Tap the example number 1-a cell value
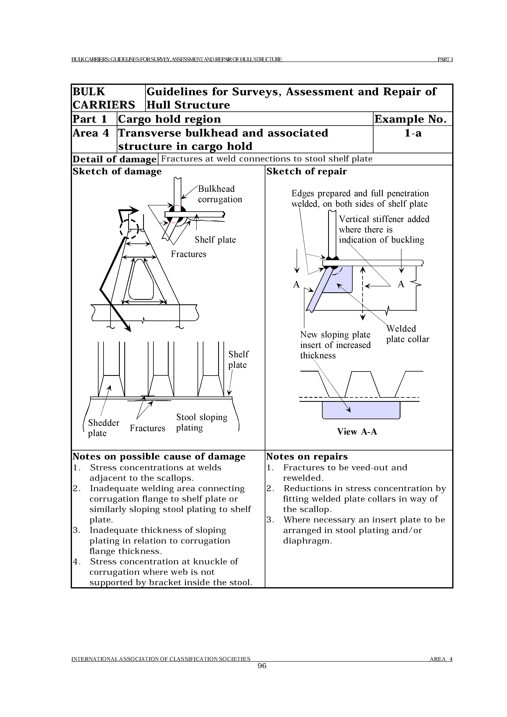(x=413, y=133)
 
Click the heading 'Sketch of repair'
(x=306, y=171)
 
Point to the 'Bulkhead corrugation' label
(x=220, y=194)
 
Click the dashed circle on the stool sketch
(x=129, y=229)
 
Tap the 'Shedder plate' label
(x=103, y=428)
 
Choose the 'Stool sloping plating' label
(x=202, y=422)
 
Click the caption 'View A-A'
(x=357, y=432)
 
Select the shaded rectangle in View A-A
(x=361, y=410)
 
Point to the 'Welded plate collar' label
(x=407, y=334)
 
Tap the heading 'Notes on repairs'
(x=307, y=457)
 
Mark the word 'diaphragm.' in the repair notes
(x=307, y=541)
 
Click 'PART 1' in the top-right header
(x=445, y=59)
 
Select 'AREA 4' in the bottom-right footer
(x=441, y=659)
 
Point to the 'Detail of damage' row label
(x=114, y=159)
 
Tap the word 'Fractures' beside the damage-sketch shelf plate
(x=188, y=254)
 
